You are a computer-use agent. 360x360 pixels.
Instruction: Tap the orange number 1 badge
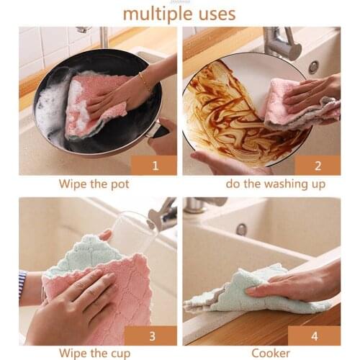(x=155, y=165)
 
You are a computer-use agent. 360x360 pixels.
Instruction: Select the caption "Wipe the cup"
(x=95, y=353)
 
